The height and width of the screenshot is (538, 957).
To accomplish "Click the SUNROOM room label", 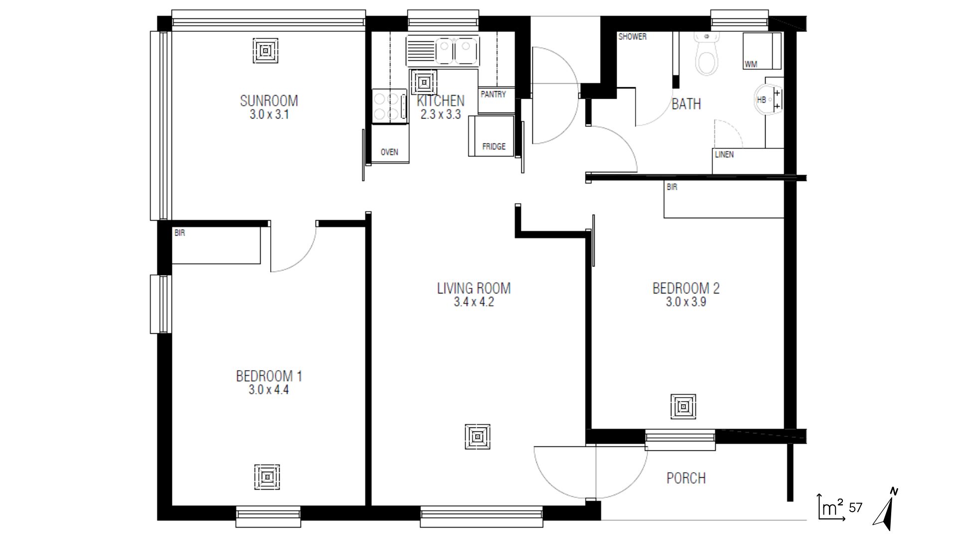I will tap(269, 101).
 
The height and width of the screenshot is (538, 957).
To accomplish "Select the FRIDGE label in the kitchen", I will tap(493, 146).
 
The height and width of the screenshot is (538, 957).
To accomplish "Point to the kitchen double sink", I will tap(443, 51).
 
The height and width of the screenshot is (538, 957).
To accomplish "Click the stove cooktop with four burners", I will tap(389, 106).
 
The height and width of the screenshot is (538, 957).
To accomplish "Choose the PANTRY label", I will tap(493, 94).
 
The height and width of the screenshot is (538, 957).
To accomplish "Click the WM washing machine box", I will tap(761, 51).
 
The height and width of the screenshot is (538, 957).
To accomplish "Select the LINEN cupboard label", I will tap(724, 154).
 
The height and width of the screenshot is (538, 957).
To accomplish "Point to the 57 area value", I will tap(855, 508).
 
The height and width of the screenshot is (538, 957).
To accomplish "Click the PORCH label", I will tap(686, 478).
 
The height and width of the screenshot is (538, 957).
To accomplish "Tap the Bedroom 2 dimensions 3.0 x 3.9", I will tap(685, 302).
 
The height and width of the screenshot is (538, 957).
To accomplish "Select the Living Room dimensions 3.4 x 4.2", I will tap(474, 302).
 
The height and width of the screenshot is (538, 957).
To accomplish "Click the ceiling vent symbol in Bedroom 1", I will tap(267, 477).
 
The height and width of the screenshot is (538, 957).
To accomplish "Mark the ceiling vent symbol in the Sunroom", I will tap(265, 51).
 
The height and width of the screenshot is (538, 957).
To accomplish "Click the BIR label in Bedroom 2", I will tap(671, 187).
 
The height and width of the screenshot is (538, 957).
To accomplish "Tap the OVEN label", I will tap(389, 152).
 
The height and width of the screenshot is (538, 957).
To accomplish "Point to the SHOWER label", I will tap(632, 36).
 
